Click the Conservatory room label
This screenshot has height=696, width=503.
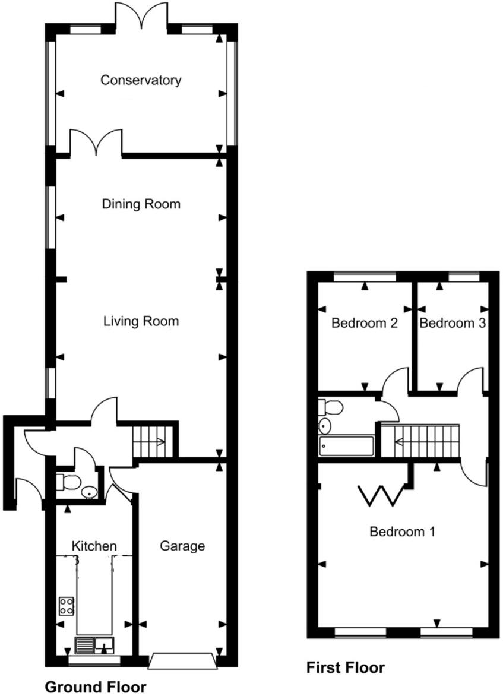[141, 80]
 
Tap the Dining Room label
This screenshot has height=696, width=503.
[141, 204]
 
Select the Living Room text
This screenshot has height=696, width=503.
[141, 322]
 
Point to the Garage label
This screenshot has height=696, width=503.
[182, 546]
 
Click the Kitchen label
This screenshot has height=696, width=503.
[94, 546]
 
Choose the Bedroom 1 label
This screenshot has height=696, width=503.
[402, 532]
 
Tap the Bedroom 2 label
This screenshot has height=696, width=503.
[364, 324]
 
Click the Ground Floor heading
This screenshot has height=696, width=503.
[96, 687]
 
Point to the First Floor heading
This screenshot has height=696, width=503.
[345, 667]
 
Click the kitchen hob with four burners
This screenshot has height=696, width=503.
[66, 606]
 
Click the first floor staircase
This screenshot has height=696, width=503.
[420, 441]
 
